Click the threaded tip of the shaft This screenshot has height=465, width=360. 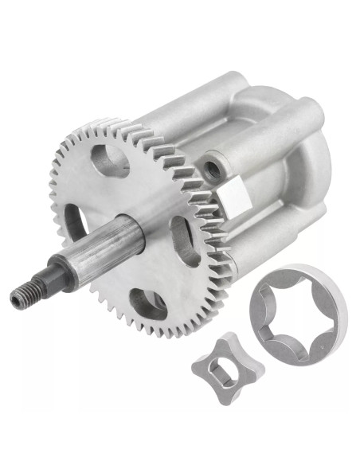tap(24, 297)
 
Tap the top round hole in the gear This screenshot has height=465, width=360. tap(109, 159)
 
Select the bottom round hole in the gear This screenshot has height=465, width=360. tap(148, 303)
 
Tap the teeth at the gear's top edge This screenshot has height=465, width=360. tap(119, 126)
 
